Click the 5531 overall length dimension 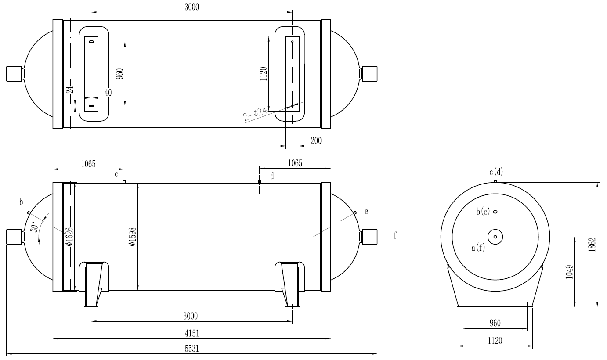[191, 349]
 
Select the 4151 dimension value [191, 333]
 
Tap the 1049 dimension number [570, 272]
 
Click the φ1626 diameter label [69, 237]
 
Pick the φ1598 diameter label [132, 237]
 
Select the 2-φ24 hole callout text [255, 113]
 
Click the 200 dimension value [315, 140]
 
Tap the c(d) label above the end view [496, 172]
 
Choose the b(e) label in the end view [483, 212]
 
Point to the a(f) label [478, 248]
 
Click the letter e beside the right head [366, 211]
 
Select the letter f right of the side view [395, 236]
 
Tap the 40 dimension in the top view [108, 93]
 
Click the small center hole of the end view [495, 237]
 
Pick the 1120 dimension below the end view [495, 340]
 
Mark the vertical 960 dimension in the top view [119, 73]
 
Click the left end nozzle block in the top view [14, 73]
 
